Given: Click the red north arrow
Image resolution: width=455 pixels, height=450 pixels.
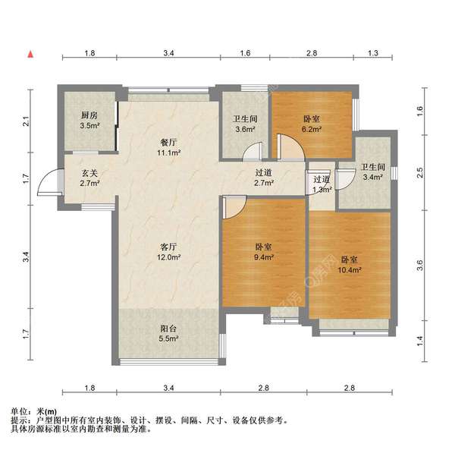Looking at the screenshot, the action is pos(30,55).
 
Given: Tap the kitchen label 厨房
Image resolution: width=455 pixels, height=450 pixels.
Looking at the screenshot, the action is pos(89,115).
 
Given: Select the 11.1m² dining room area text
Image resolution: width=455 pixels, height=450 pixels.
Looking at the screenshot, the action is pos(169,153).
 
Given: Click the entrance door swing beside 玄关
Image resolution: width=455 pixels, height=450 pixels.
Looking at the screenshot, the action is pos(50,181).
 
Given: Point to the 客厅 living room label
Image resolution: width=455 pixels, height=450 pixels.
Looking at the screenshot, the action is pos(168,247).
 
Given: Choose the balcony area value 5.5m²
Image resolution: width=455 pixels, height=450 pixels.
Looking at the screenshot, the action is pos(168,338).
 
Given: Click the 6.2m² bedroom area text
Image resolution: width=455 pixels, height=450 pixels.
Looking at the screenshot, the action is pos(312,129).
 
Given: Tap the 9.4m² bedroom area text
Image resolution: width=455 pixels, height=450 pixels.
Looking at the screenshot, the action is pos(264,257).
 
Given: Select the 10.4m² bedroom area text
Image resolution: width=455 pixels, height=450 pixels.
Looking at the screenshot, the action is pos(350,270).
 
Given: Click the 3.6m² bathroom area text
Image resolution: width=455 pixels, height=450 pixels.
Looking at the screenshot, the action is pos(245,129).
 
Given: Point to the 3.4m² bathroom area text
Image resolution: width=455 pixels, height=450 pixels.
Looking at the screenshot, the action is pos(373,177).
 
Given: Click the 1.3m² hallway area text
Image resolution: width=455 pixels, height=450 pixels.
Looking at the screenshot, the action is pos(322,190).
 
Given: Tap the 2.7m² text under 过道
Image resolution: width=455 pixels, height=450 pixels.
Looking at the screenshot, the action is pos(264,183).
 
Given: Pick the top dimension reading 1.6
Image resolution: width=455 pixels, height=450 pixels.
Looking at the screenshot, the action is pos(245,53).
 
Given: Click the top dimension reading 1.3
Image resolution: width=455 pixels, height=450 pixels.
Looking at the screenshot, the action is pos(373,53).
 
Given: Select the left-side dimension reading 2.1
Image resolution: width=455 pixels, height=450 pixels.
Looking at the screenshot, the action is pos(26,121).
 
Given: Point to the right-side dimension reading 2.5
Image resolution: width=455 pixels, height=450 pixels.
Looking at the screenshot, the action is pos(420,172).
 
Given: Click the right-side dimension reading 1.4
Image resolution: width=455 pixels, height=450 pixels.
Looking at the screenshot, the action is pos(420,341).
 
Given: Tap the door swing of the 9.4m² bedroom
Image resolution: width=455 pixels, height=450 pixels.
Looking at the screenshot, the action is pos(234,207).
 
